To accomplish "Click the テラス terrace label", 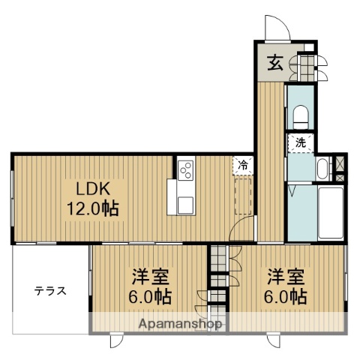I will pos(49,291).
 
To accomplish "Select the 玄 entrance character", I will pos(274,64).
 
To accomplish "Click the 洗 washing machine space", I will pos(300,142).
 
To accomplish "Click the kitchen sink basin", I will pos(184,202).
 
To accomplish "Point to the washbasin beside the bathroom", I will pos(322,167).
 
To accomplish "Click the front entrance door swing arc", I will pos(277,27).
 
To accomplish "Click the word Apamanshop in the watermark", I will pos(181,325).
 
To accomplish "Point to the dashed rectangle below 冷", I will pos(243,193).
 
